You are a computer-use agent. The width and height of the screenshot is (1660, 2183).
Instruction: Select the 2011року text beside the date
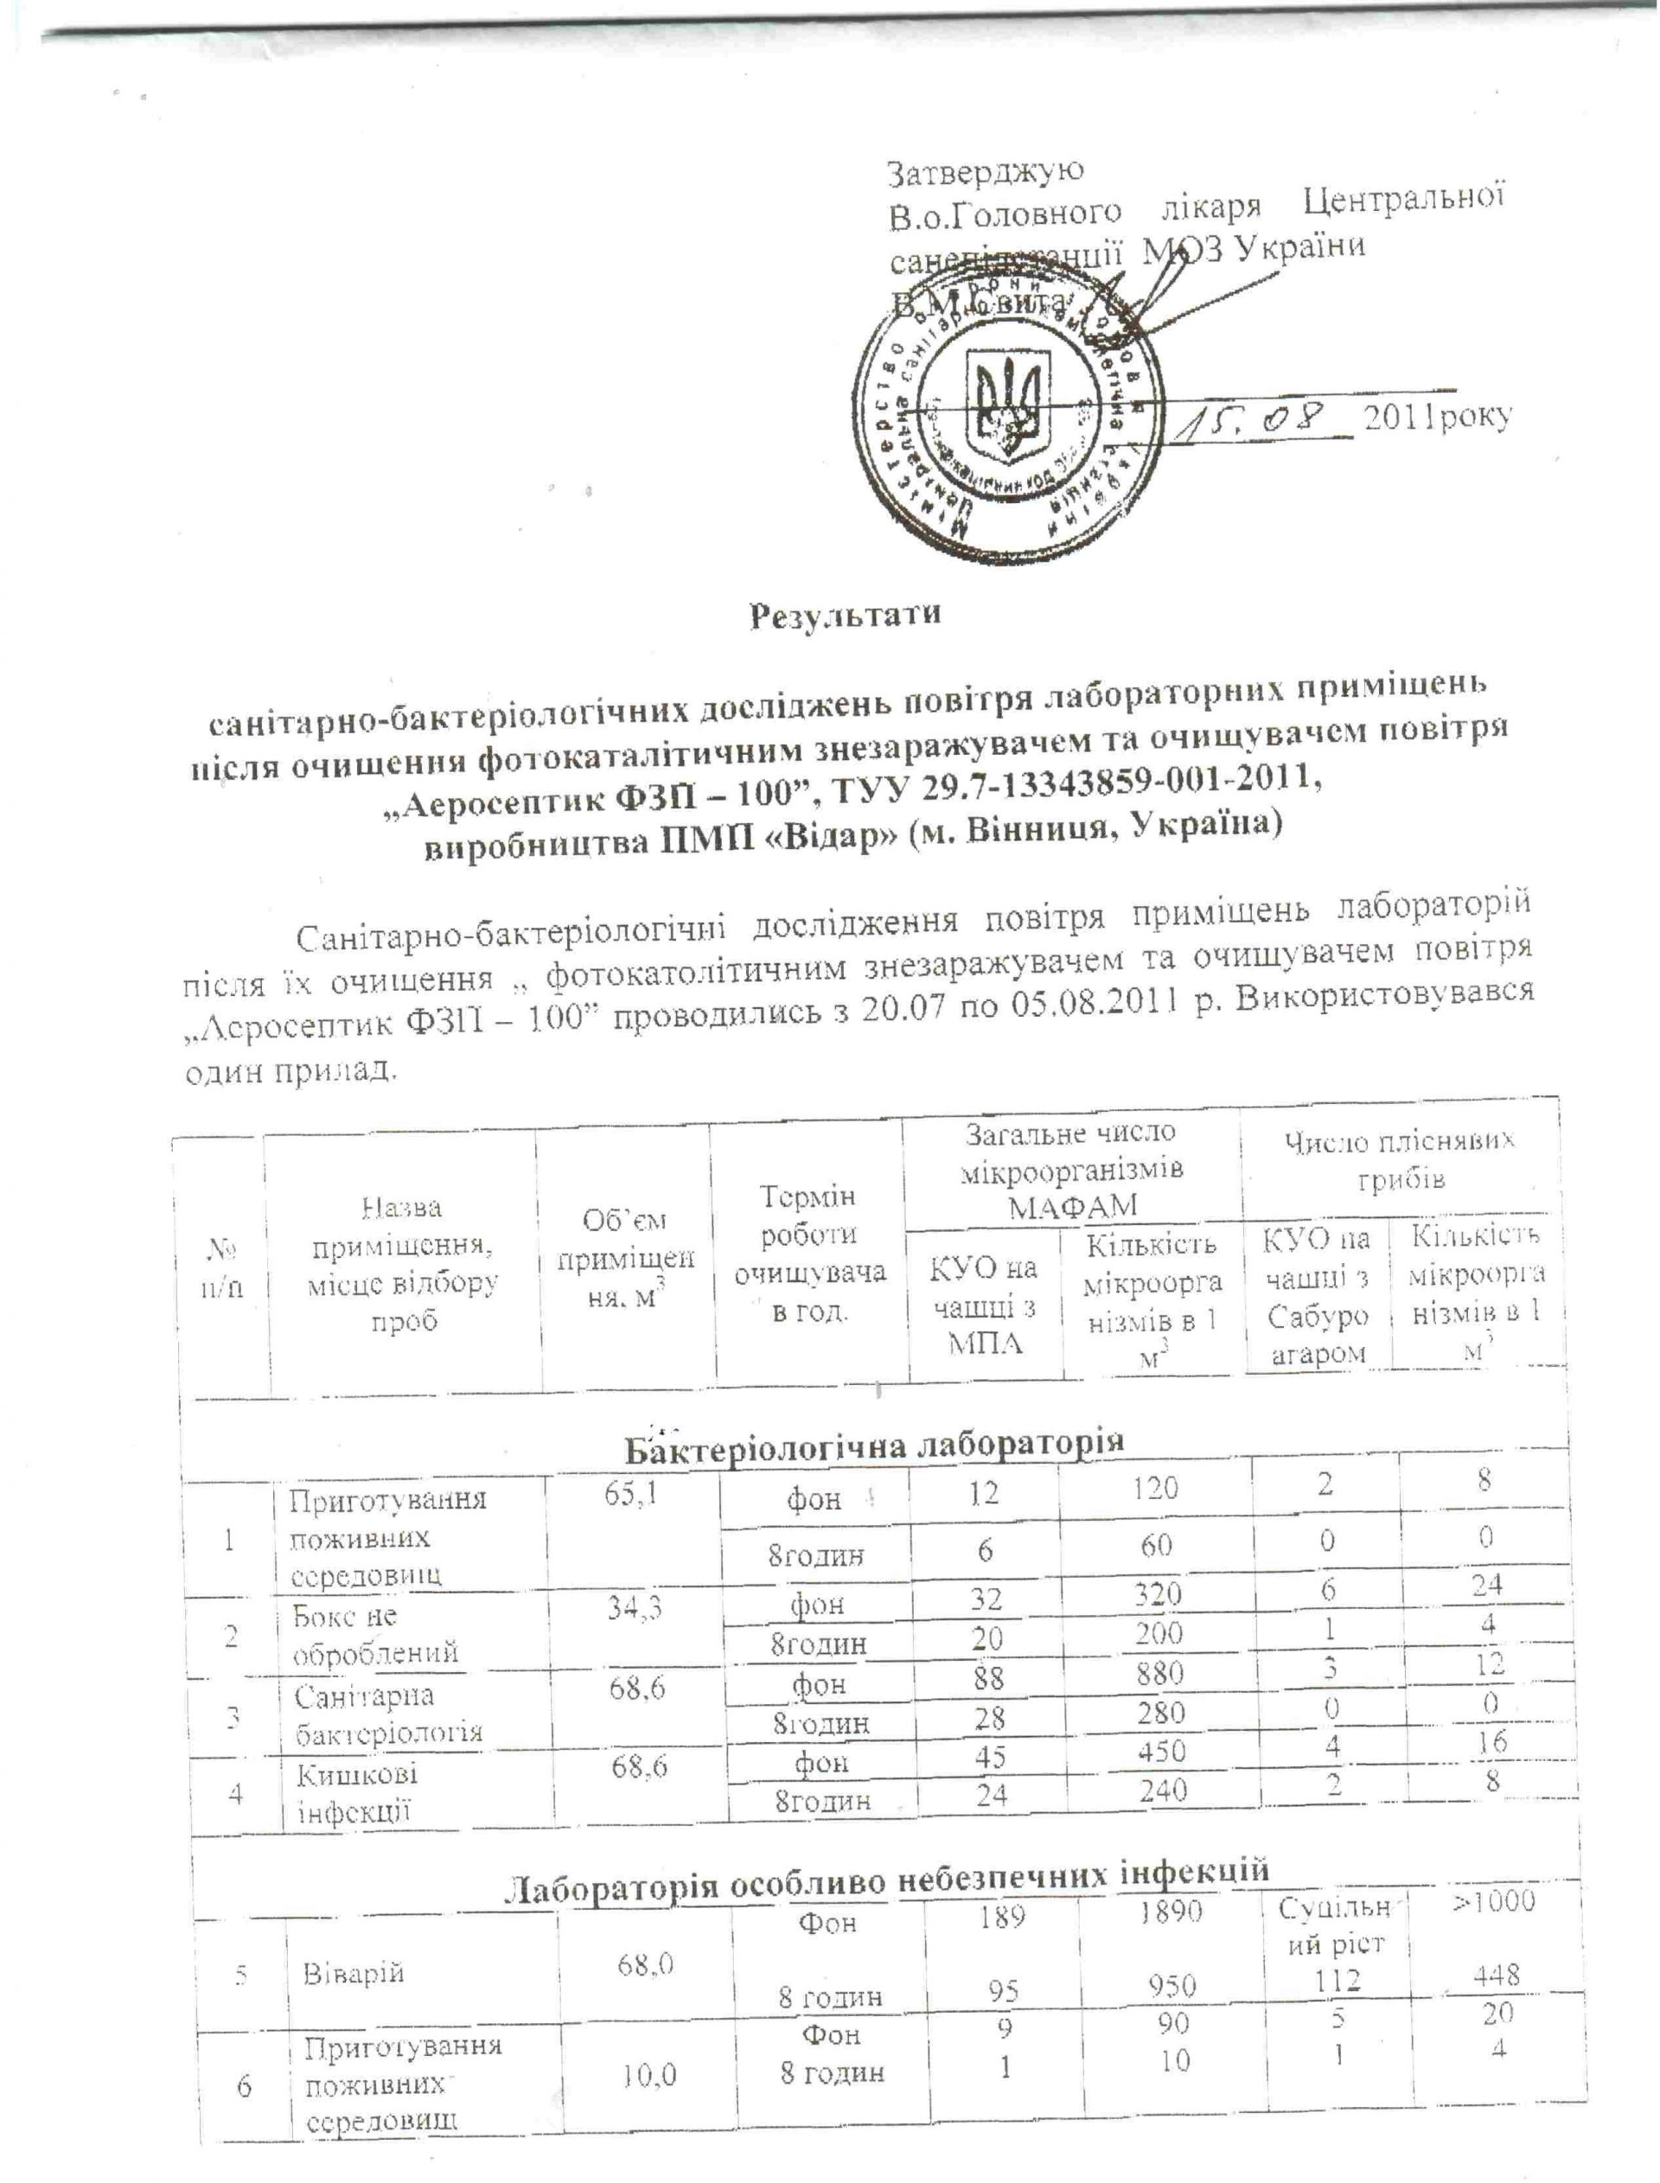point(1437,418)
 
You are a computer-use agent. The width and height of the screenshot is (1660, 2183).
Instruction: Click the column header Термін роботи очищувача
point(809,1254)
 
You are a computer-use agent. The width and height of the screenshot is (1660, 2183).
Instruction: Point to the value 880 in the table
point(1160,1672)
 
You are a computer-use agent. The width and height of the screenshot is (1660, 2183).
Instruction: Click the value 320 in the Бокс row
point(1158,1597)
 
